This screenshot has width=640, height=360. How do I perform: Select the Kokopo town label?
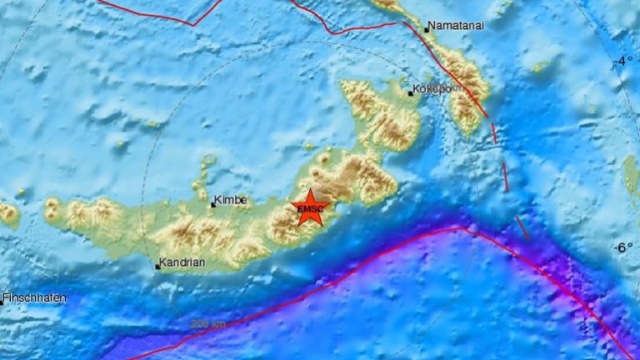[433, 89]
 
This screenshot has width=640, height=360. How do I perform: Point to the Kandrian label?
[183, 262]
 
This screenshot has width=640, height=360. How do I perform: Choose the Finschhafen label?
[36, 297]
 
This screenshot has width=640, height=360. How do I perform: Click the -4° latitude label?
[623, 62]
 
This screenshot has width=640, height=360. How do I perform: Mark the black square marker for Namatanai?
[427, 30]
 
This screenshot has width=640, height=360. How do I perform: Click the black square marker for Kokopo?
[411, 93]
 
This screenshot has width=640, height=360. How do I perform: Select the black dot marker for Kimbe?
[212, 204]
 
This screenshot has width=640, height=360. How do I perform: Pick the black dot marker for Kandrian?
[157, 267]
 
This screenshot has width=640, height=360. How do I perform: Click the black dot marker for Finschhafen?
[2, 302]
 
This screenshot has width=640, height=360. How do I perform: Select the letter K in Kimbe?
[218, 201]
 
